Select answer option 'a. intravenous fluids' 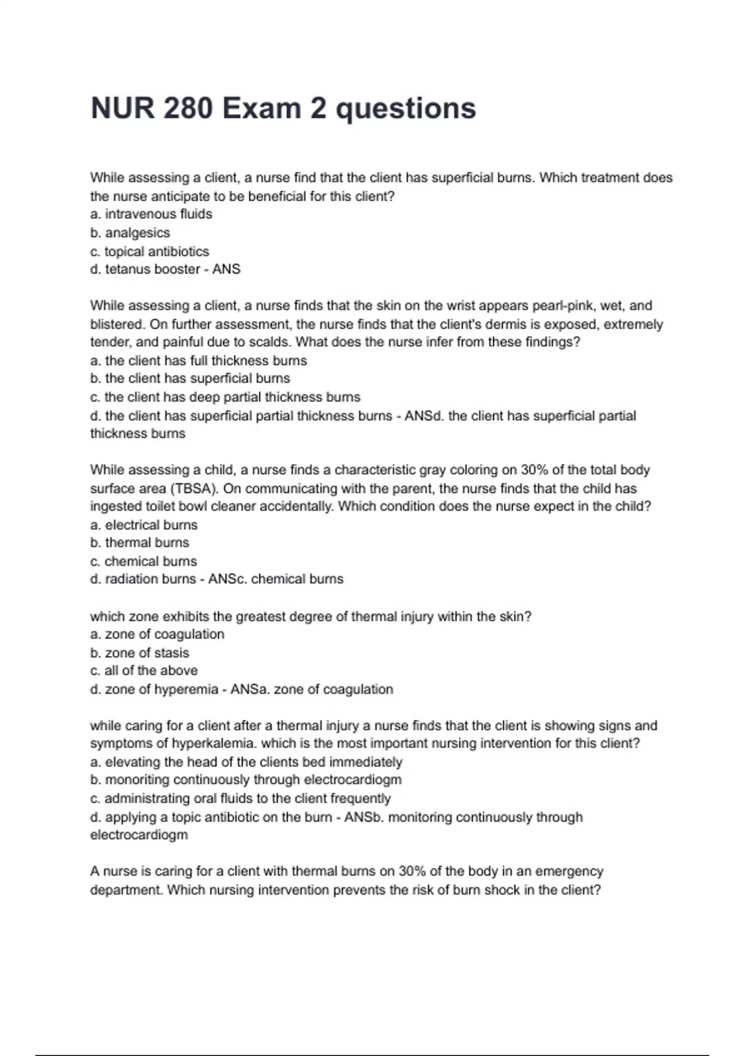[x=151, y=214]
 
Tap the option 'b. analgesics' [x=130, y=233]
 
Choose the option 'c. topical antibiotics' [x=150, y=252]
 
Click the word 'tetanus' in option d [x=128, y=270]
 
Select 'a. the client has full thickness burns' [x=198, y=361]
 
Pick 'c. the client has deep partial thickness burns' [x=225, y=397]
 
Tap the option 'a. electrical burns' [x=143, y=525]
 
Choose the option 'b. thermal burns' [x=139, y=543]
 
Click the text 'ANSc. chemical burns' [x=276, y=579]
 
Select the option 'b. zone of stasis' [x=139, y=653]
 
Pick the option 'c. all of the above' [x=143, y=671]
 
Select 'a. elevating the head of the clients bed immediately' [x=246, y=762]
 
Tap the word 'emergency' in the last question [x=569, y=872]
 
